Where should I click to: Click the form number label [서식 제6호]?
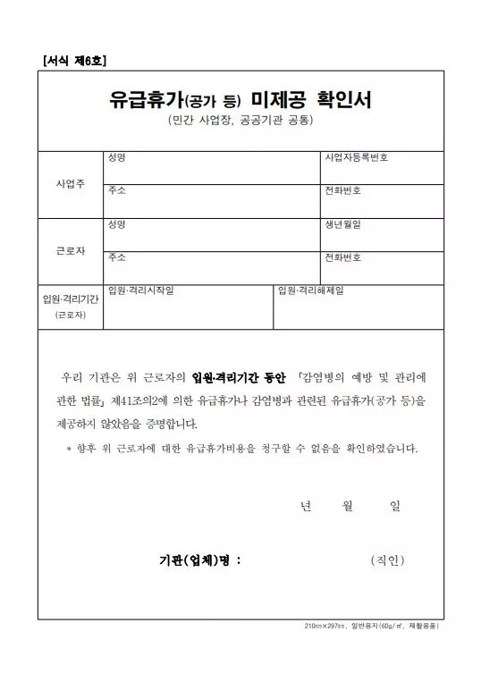tap(74, 60)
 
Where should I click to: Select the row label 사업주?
tap(71, 183)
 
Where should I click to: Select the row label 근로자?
tap(71, 250)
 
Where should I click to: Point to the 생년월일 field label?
tap(343, 224)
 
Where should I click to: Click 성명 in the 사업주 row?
tap(115, 158)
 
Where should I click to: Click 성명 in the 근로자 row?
tap(115, 224)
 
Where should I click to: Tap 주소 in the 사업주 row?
tap(115, 191)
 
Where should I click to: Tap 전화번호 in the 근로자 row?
tap(343, 257)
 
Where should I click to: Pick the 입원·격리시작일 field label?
tap(140, 290)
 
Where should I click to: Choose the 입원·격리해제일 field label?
tap(311, 290)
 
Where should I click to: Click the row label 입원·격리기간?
tap(71, 299)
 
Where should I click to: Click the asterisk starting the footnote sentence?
tap(69, 449)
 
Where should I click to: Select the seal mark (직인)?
tap(387, 560)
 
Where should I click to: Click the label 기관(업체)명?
tap(198, 561)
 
